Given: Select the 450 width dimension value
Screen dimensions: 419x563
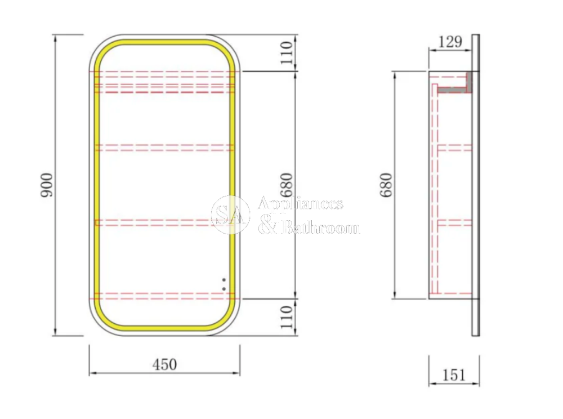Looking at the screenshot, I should click(x=164, y=364).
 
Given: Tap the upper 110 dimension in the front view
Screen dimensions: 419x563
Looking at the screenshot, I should click(x=287, y=52).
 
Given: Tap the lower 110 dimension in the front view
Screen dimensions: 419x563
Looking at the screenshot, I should click(x=287, y=317).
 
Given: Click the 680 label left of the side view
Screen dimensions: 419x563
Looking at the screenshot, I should click(x=386, y=184).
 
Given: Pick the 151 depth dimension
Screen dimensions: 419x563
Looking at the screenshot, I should click(x=453, y=375).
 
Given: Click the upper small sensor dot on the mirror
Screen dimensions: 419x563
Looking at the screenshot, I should click(x=224, y=279).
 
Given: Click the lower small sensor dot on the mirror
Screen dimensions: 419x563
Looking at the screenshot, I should click(x=224, y=289).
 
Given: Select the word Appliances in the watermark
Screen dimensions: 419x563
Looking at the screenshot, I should click(x=300, y=203).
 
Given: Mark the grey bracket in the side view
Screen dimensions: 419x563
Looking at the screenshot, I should click(x=453, y=88).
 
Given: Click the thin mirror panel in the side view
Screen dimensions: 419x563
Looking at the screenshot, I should click(x=476, y=186).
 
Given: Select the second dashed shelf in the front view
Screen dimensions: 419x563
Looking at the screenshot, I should click(x=164, y=148).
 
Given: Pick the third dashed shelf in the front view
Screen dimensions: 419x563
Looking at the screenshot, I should click(x=164, y=222).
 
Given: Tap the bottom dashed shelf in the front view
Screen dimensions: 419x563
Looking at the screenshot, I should click(x=164, y=295).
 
